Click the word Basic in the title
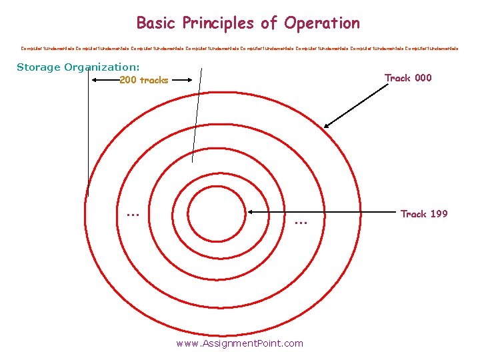coord(153,23)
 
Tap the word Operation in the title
coord(321,23)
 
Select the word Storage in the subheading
coord(38,67)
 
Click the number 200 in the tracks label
coord(128,81)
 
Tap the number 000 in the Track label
coord(423,78)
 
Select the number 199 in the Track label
coord(439,214)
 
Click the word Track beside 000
coord(398,78)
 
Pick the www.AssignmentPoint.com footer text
coord(239,343)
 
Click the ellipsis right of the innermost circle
coord(299,222)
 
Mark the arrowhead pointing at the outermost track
coord(327,125)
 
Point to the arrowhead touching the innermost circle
coord(249,212)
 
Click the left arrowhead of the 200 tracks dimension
coord(93,79)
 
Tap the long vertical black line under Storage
coord(87,133)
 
